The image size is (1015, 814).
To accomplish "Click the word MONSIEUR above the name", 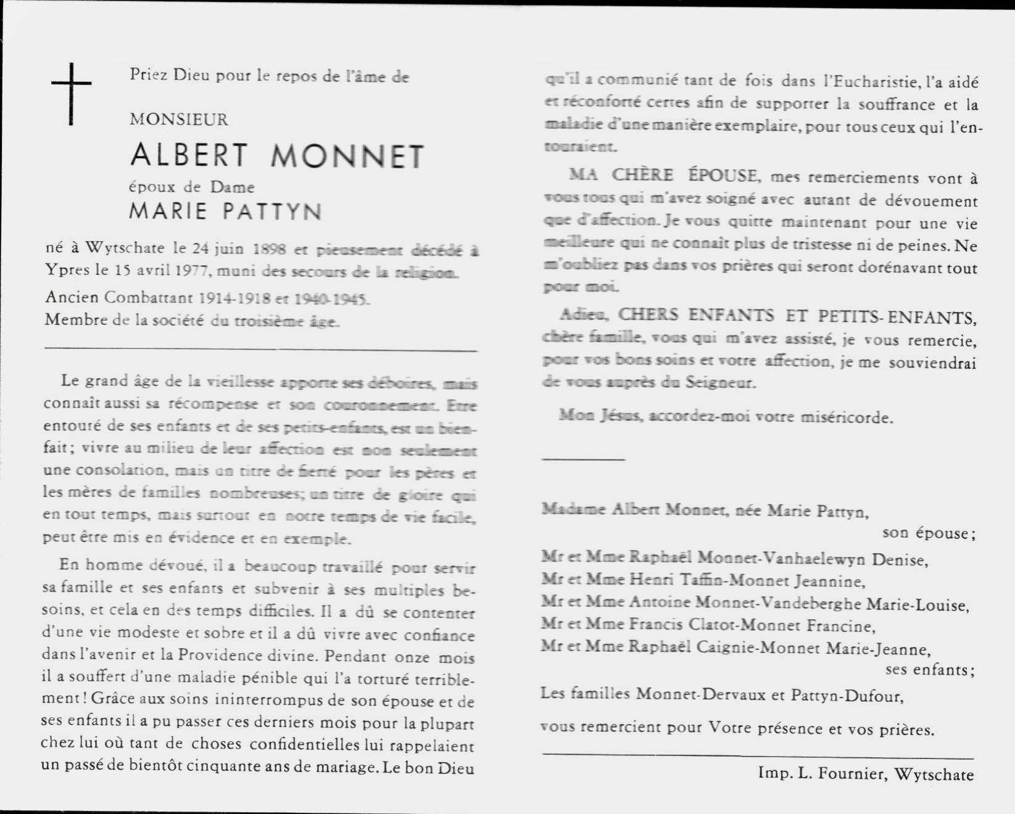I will (x=179, y=119).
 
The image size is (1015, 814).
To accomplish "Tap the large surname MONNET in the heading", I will (x=347, y=157).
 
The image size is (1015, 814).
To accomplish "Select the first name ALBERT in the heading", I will (x=189, y=155).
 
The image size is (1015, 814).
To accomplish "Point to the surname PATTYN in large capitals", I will (x=272, y=212).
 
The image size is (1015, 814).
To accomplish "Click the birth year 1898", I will (x=269, y=249).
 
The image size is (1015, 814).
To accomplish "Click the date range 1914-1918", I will (x=234, y=298).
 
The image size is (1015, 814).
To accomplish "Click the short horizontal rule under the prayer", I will (x=583, y=459).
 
